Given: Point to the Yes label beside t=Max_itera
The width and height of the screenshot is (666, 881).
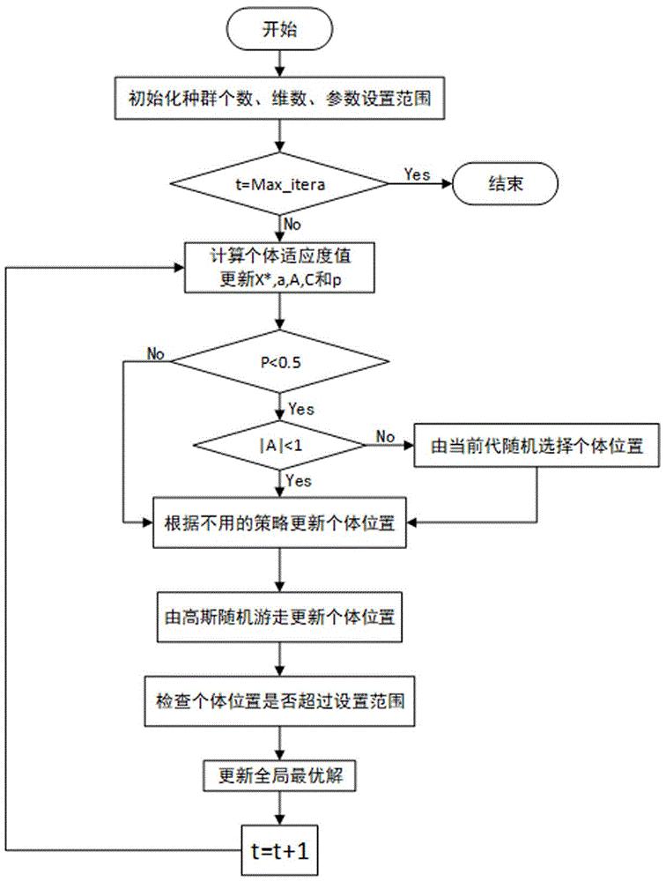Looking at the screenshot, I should (417, 174).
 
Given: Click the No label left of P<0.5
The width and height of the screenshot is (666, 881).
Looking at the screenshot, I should (156, 353).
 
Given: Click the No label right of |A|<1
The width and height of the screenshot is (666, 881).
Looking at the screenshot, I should (385, 436).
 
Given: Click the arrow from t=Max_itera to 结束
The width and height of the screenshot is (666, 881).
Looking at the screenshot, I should (420, 186).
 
